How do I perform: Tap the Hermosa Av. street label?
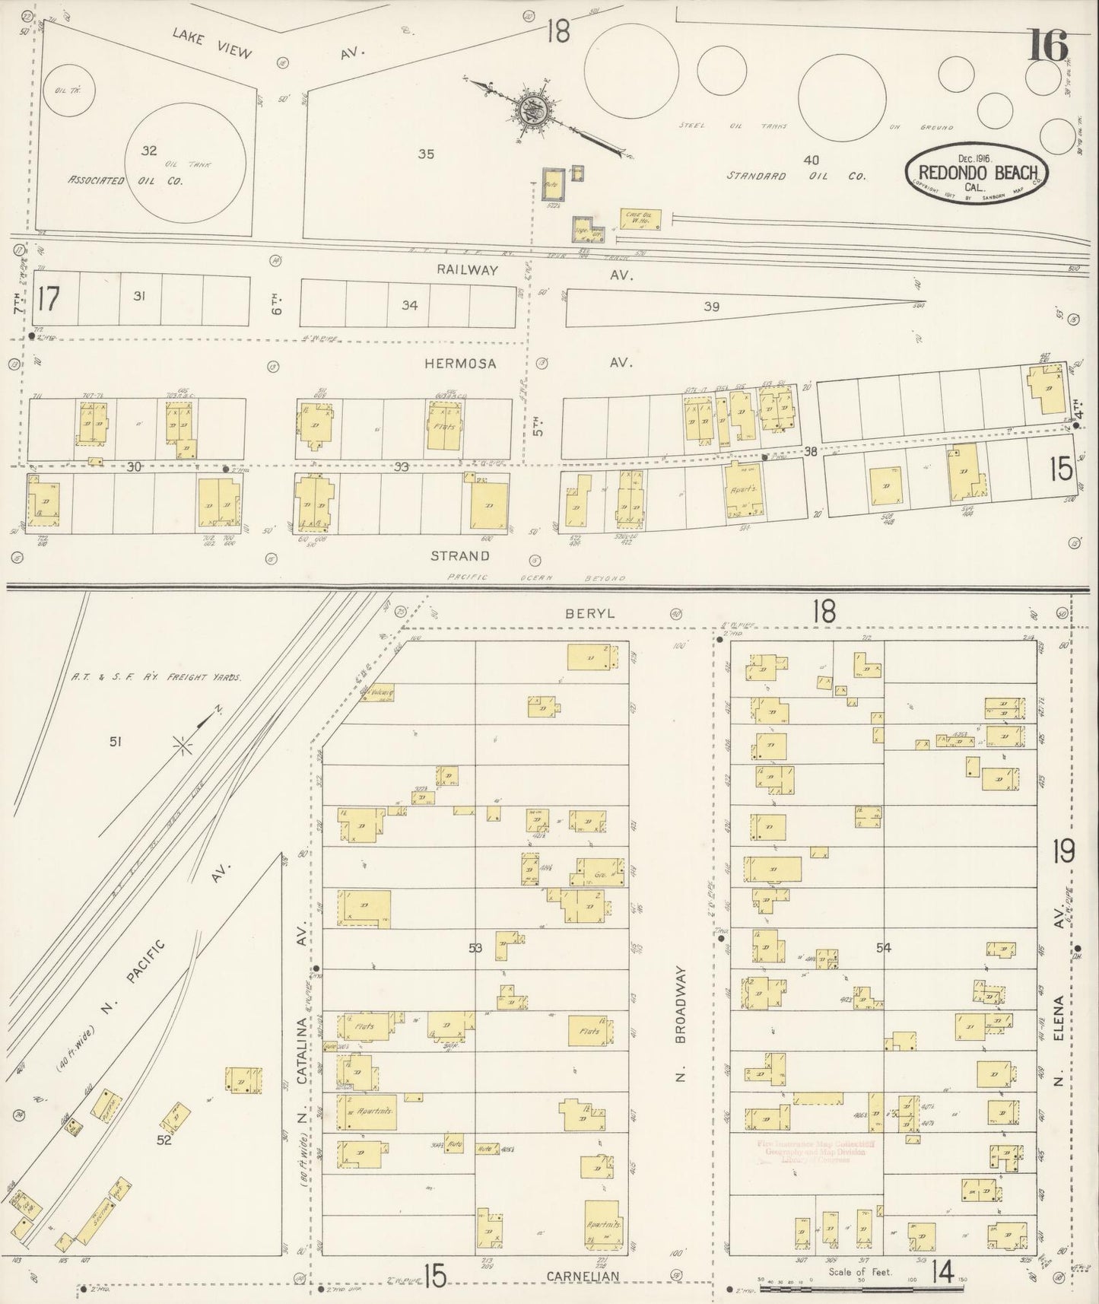525,364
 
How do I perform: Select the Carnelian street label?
582,1275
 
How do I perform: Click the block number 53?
476,947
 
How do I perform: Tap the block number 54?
883,947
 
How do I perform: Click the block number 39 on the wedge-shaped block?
711,307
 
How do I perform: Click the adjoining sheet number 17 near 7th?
47,300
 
